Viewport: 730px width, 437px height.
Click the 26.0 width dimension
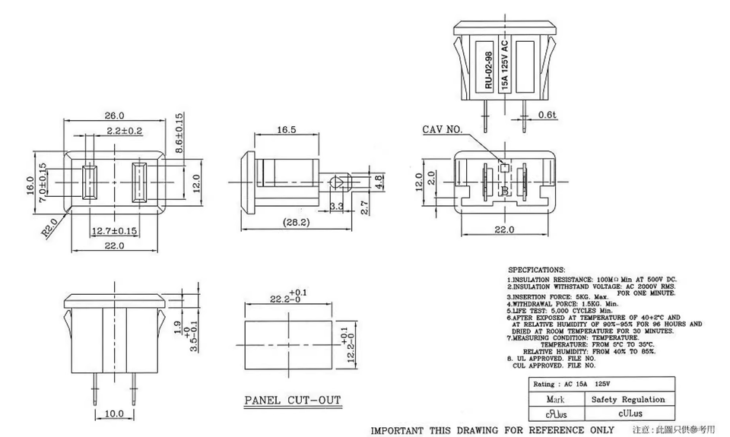point(115,116)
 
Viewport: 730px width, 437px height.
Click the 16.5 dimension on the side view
point(287,131)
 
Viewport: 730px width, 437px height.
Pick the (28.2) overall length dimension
point(297,223)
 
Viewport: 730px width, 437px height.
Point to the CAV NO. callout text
point(443,130)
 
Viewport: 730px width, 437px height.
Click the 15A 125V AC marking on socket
point(505,64)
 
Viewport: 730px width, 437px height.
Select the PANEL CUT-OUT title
point(293,401)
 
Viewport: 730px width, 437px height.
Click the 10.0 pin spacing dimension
point(114,413)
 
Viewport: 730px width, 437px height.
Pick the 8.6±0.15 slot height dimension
point(179,135)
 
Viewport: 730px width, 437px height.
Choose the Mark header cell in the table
point(556,399)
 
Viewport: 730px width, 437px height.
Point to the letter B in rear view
point(503,190)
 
